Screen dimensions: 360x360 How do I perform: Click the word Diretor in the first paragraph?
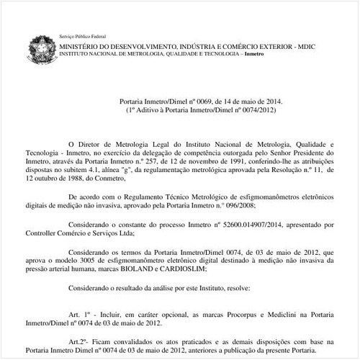[101, 144]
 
